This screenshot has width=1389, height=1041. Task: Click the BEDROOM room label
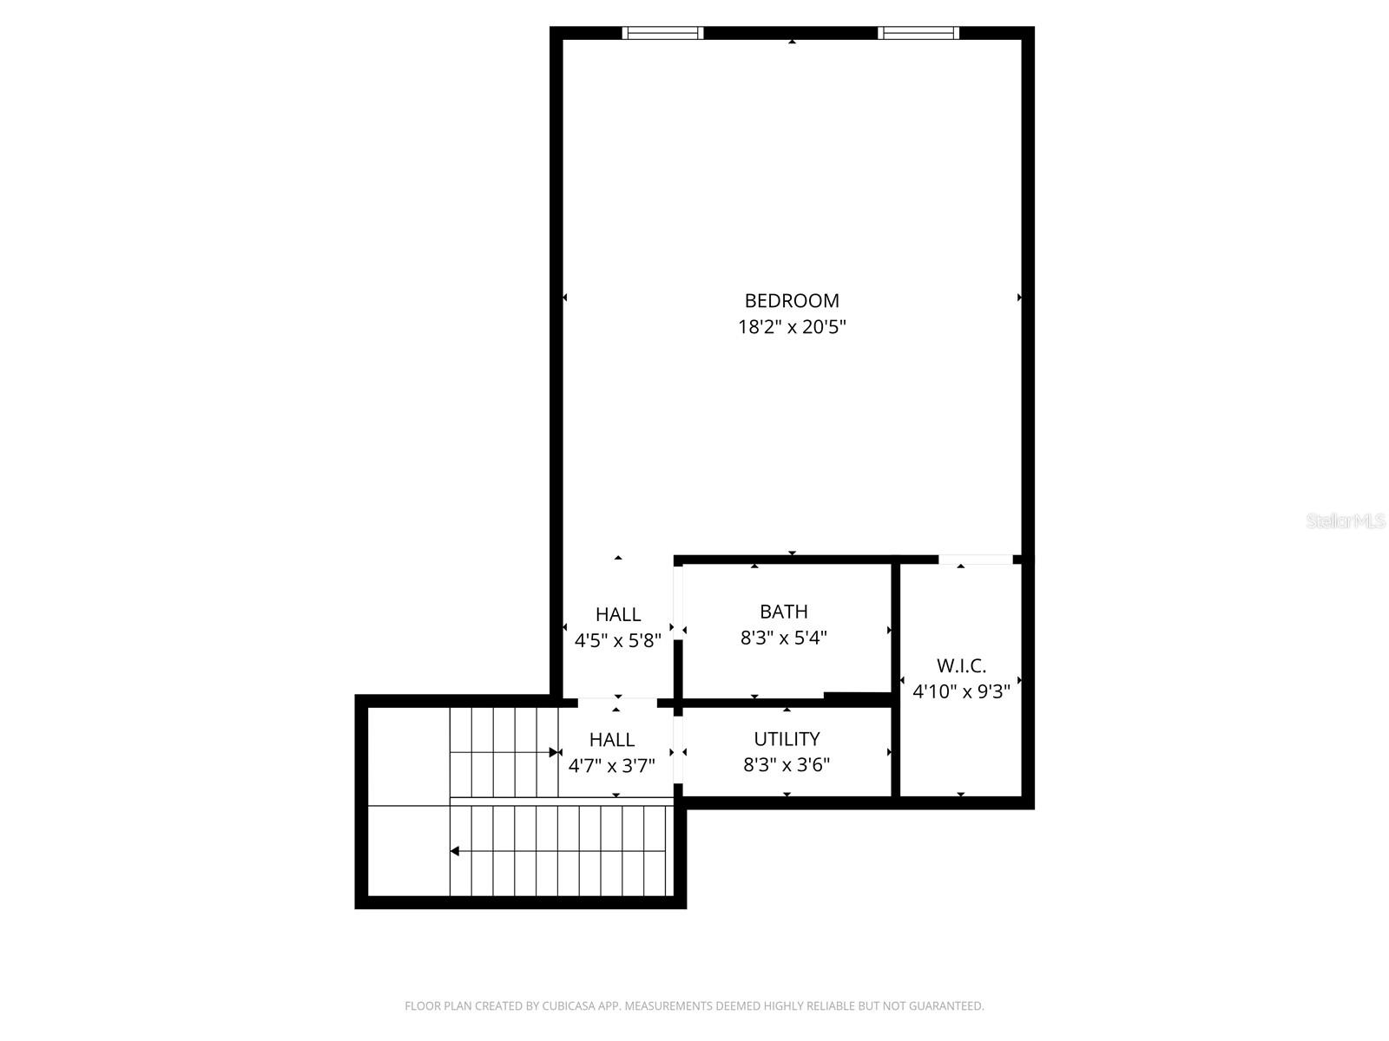click(x=792, y=301)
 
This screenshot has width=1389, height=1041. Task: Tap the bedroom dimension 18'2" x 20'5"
click(x=792, y=328)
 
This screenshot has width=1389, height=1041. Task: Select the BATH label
click(x=784, y=612)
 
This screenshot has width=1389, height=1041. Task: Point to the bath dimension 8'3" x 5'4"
click(x=784, y=638)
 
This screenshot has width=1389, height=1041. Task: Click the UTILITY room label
click(x=787, y=739)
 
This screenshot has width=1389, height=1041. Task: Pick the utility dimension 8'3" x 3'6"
click(x=787, y=765)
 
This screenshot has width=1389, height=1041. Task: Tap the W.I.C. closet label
click(x=961, y=666)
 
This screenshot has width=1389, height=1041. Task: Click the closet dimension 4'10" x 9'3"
click(x=961, y=692)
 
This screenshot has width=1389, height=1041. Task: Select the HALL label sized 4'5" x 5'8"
click(x=618, y=615)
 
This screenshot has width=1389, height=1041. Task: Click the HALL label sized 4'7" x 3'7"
click(x=612, y=740)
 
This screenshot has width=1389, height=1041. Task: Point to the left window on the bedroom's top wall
click(x=662, y=33)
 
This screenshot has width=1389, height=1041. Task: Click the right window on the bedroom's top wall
click(x=918, y=33)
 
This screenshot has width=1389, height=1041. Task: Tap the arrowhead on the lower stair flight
click(x=454, y=851)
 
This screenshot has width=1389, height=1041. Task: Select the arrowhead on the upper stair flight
click(x=554, y=752)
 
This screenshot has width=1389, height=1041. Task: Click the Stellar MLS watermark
click(x=1346, y=521)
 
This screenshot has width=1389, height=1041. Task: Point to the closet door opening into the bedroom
click(x=976, y=560)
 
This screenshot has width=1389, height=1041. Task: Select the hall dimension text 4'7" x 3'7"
click(x=612, y=766)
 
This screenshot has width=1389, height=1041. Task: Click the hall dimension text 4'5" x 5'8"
click(x=618, y=641)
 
